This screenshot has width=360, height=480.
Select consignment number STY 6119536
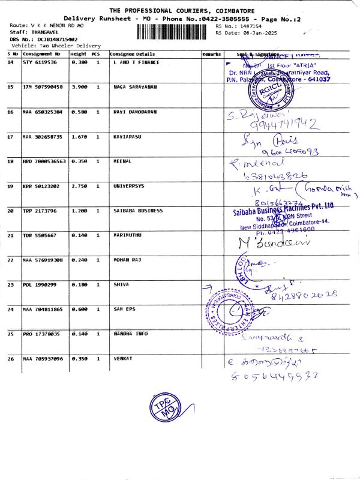click(40, 62)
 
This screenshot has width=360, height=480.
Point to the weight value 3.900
click(79, 87)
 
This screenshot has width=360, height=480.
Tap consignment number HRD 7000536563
click(44, 161)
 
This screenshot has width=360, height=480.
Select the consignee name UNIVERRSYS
click(129, 186)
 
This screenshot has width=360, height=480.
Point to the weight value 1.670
click(79, 137)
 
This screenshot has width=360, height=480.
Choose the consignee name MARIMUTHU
click(128, 235)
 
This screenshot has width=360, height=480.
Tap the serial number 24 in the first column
click(10, 309)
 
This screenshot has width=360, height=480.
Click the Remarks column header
click(212, 54)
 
